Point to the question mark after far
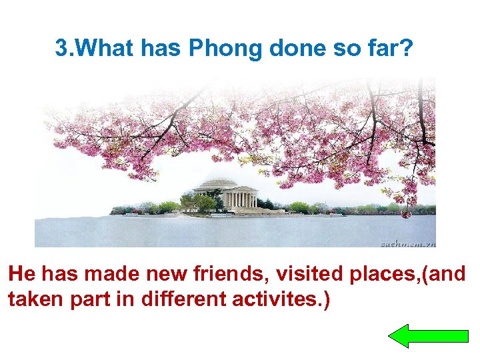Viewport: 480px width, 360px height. [408, 49]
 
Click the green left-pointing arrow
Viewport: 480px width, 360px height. [428, 335]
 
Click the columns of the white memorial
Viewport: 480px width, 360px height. [241, 199]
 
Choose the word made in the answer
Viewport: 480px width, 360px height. [112, 274]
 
